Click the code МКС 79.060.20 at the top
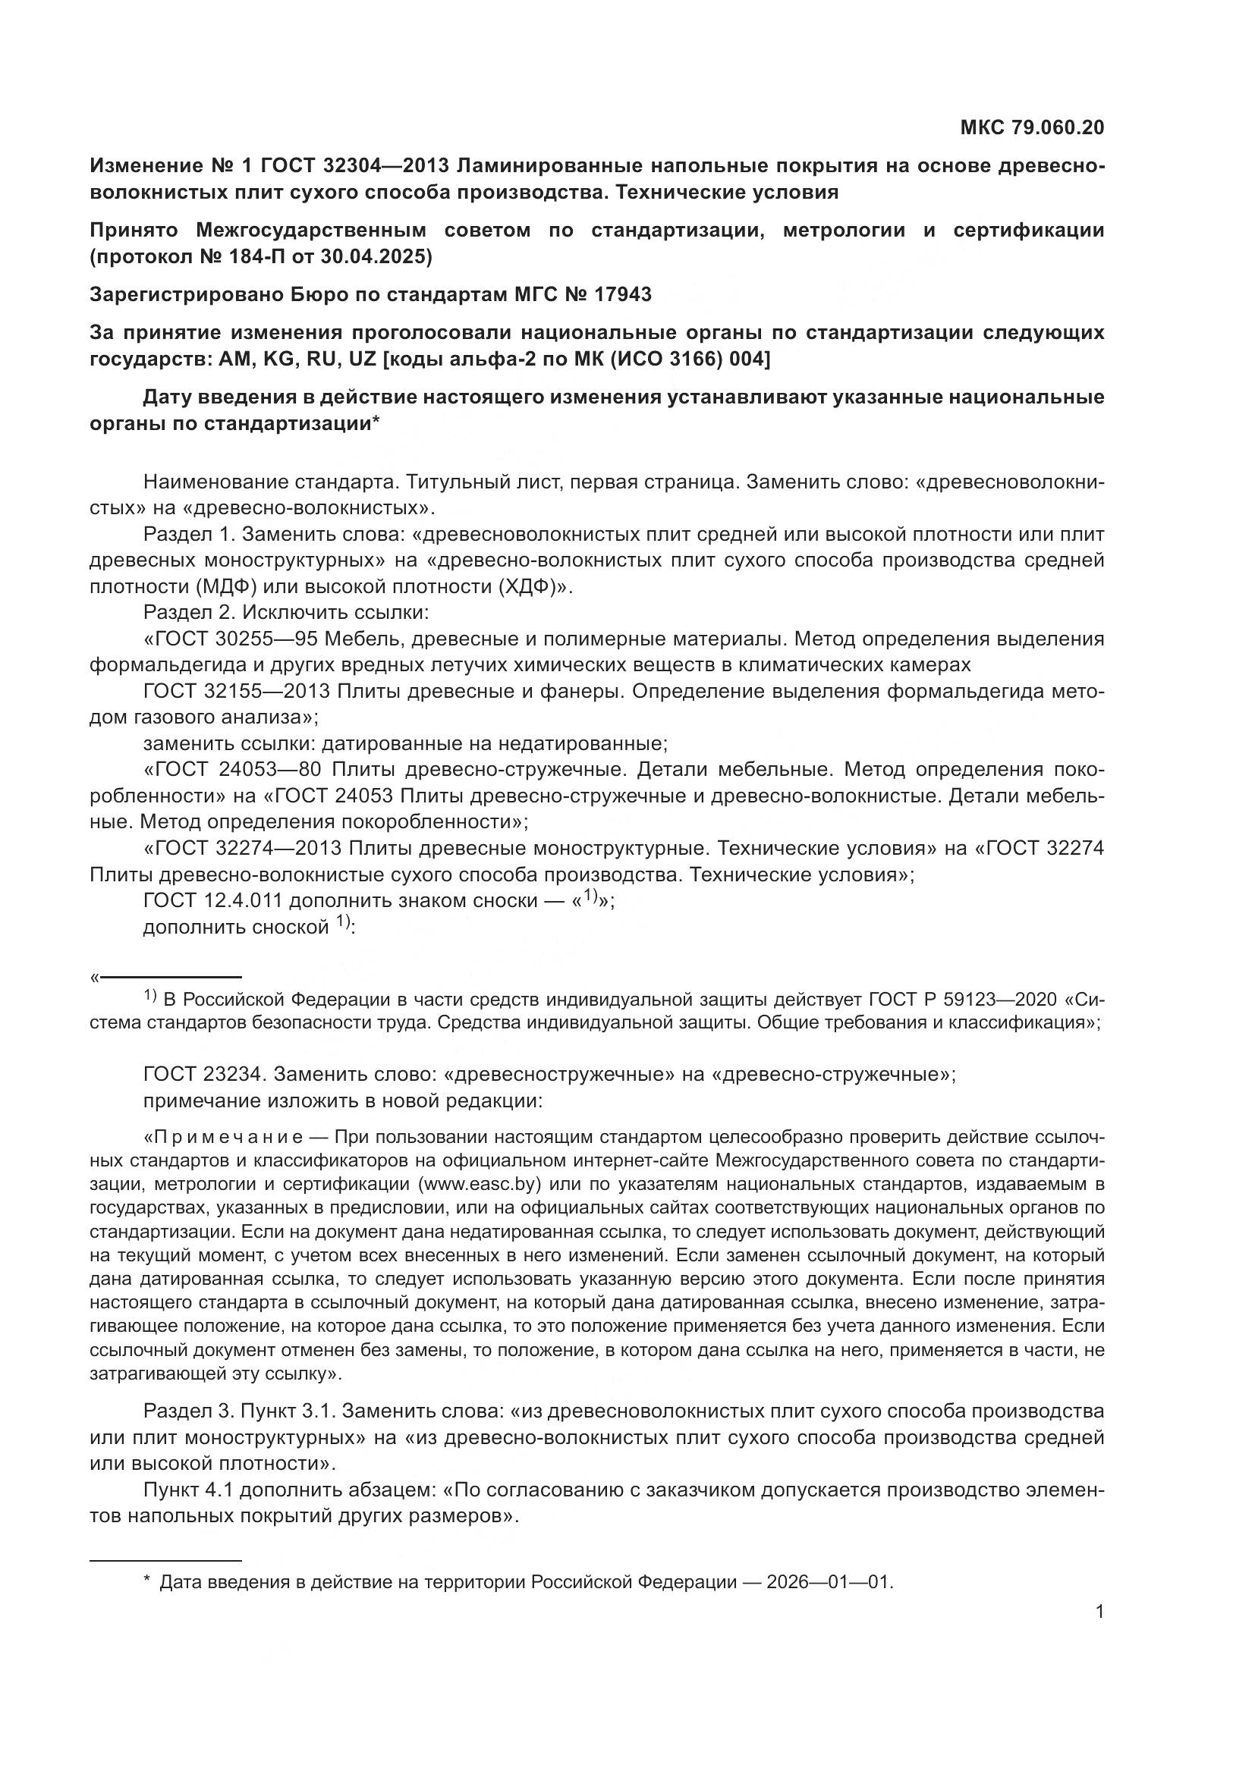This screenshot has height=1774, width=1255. click(1032, 127)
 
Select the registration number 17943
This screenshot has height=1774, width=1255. click(623, 294)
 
